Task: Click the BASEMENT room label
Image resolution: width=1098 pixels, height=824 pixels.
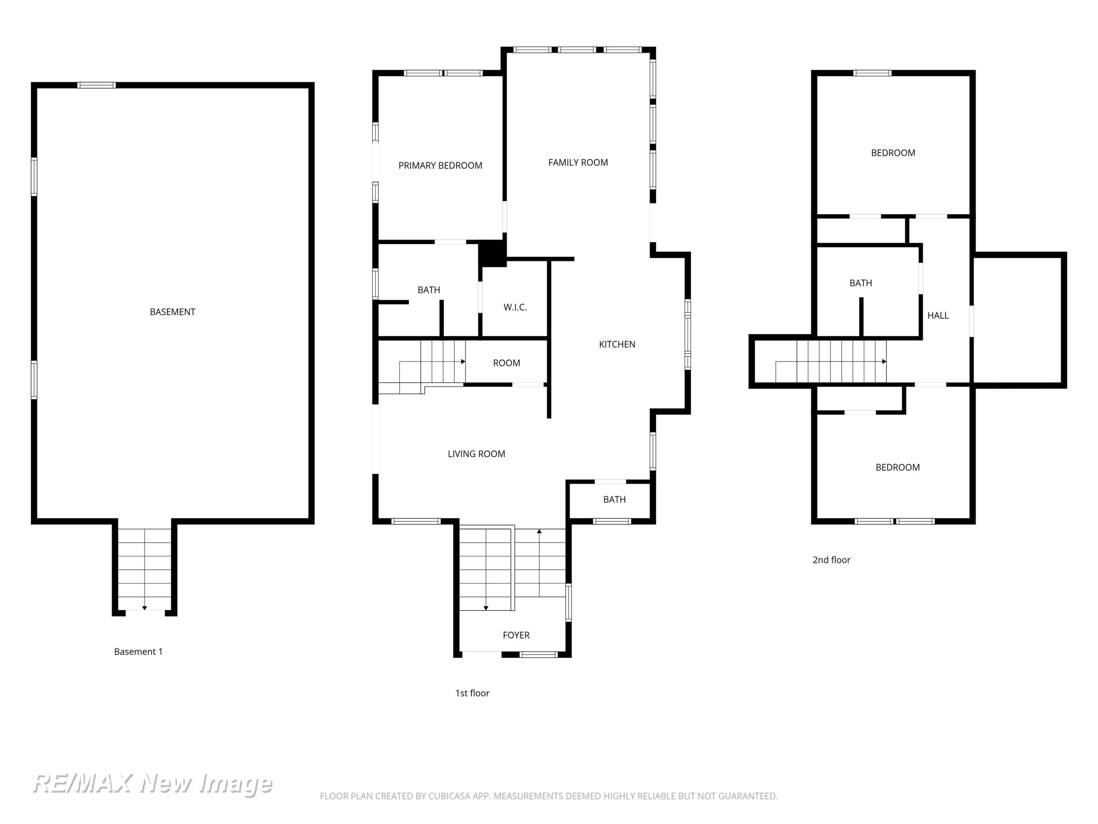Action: pyautogui.click(x=172, y=312)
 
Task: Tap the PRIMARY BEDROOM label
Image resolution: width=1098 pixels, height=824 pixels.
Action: pyautogui.click(x=440, y=166)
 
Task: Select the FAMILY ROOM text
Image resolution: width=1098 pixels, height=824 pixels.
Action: pyautogui.click(x=578, y=162)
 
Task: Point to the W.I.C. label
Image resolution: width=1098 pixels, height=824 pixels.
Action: pyautogui.click(x=515, y=308)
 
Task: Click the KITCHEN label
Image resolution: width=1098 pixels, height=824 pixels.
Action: pyautogui.click(x=617, y=344)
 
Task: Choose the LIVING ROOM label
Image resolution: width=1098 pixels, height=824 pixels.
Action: pyautogui.click(x=476, y=454)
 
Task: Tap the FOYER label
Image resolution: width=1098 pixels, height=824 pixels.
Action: pyautogui.click(x=516, y=635)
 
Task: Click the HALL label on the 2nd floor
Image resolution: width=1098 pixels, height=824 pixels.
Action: pyautogui.click(x=938, y=315)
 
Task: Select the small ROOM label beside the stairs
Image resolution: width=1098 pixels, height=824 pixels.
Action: pyautogui.click(x=506, y=363)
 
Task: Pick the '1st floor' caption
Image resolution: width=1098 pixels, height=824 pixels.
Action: pyautogui.click(x=472, y=693)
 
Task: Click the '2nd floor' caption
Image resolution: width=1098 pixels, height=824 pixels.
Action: pyautogui.click(x=832, y=560)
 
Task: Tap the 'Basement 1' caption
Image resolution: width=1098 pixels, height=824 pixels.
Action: pyautogui.click(x=138, y=652)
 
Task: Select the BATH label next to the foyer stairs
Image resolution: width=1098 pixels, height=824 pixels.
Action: pyautogui.click(x=614, y=500)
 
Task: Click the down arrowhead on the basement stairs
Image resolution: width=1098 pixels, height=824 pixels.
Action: pyautogui.click(x=145, y=608)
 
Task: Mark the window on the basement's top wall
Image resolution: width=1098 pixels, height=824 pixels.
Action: pyautogui.click(x=96, y=85)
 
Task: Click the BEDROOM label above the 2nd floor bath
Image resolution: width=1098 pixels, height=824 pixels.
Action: pyautogui.click(x=893, y=153)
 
